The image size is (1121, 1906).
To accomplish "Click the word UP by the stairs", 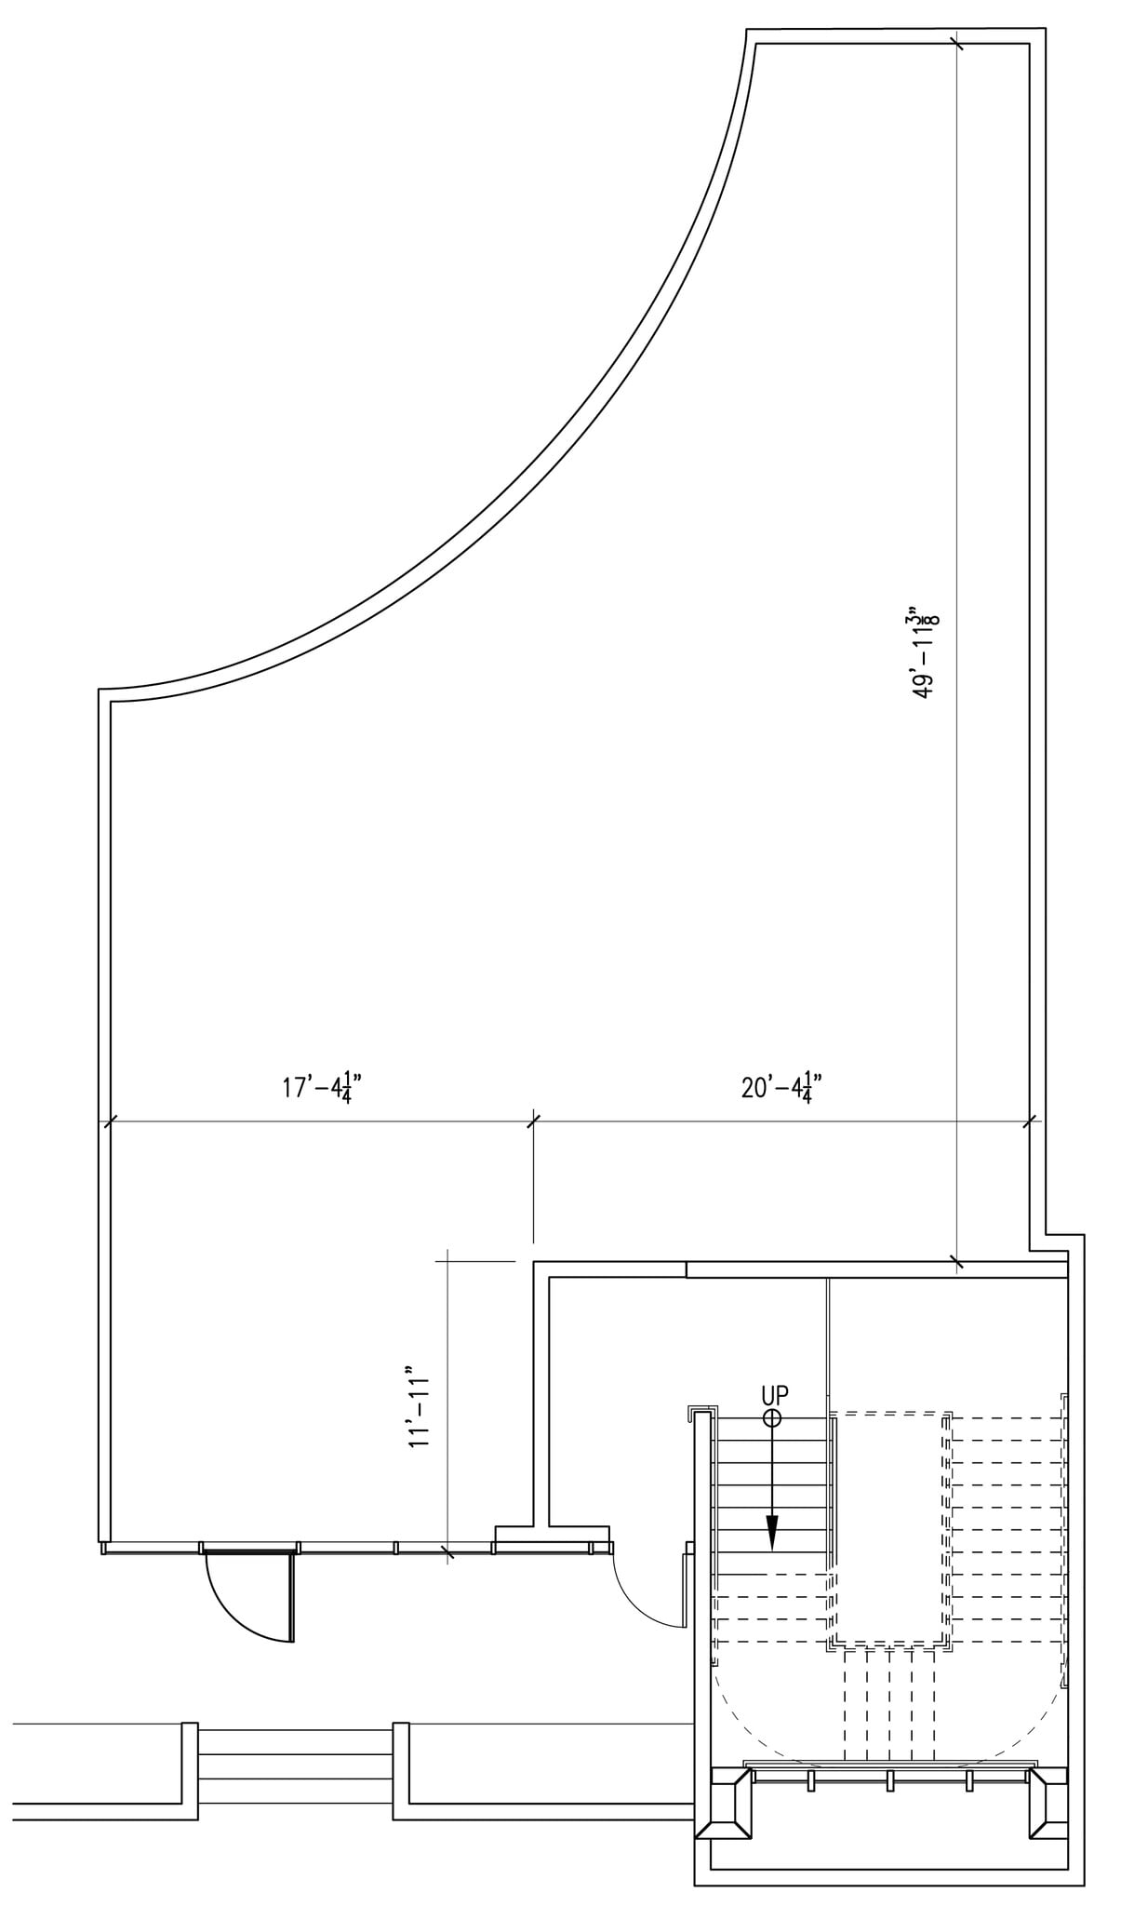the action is (775, 1395).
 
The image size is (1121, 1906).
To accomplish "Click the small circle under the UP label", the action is (772, 1417).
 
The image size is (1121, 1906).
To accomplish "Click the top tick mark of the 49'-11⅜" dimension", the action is (955, 43).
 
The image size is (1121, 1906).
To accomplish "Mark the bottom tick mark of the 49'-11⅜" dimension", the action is (956, 1262).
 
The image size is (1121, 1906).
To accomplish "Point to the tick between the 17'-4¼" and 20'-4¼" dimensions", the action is (533, 1122).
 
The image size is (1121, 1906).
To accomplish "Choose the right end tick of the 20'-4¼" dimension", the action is (1031, 1122).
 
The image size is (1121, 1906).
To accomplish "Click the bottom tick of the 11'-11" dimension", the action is (447, 1551).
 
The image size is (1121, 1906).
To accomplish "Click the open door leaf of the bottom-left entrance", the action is (292, 1598).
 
